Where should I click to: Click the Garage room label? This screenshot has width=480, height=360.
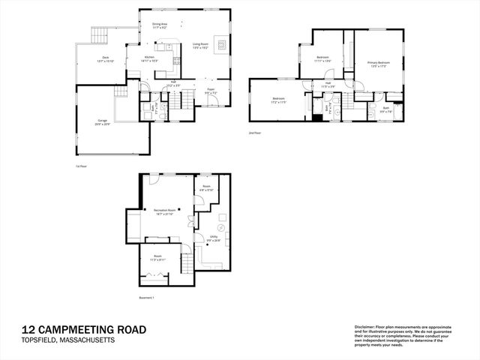click(x=101, y=121)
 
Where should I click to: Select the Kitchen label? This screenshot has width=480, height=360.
click(x=149, y=57)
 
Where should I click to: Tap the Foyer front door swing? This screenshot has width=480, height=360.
click(x=213, y=103)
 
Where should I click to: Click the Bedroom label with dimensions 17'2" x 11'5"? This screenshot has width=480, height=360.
click(x=278, y=100)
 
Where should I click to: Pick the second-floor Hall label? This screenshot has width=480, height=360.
click(x=328, y=85)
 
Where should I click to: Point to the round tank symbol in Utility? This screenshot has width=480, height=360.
click(x=221, y=226)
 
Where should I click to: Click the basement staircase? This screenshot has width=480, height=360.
click(x=187, y=265)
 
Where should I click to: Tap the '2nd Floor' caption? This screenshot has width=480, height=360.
click(x=255, y=133)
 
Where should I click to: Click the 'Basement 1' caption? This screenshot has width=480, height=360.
click(x=146, y=298)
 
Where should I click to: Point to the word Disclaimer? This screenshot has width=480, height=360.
click(x=365, y=327)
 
